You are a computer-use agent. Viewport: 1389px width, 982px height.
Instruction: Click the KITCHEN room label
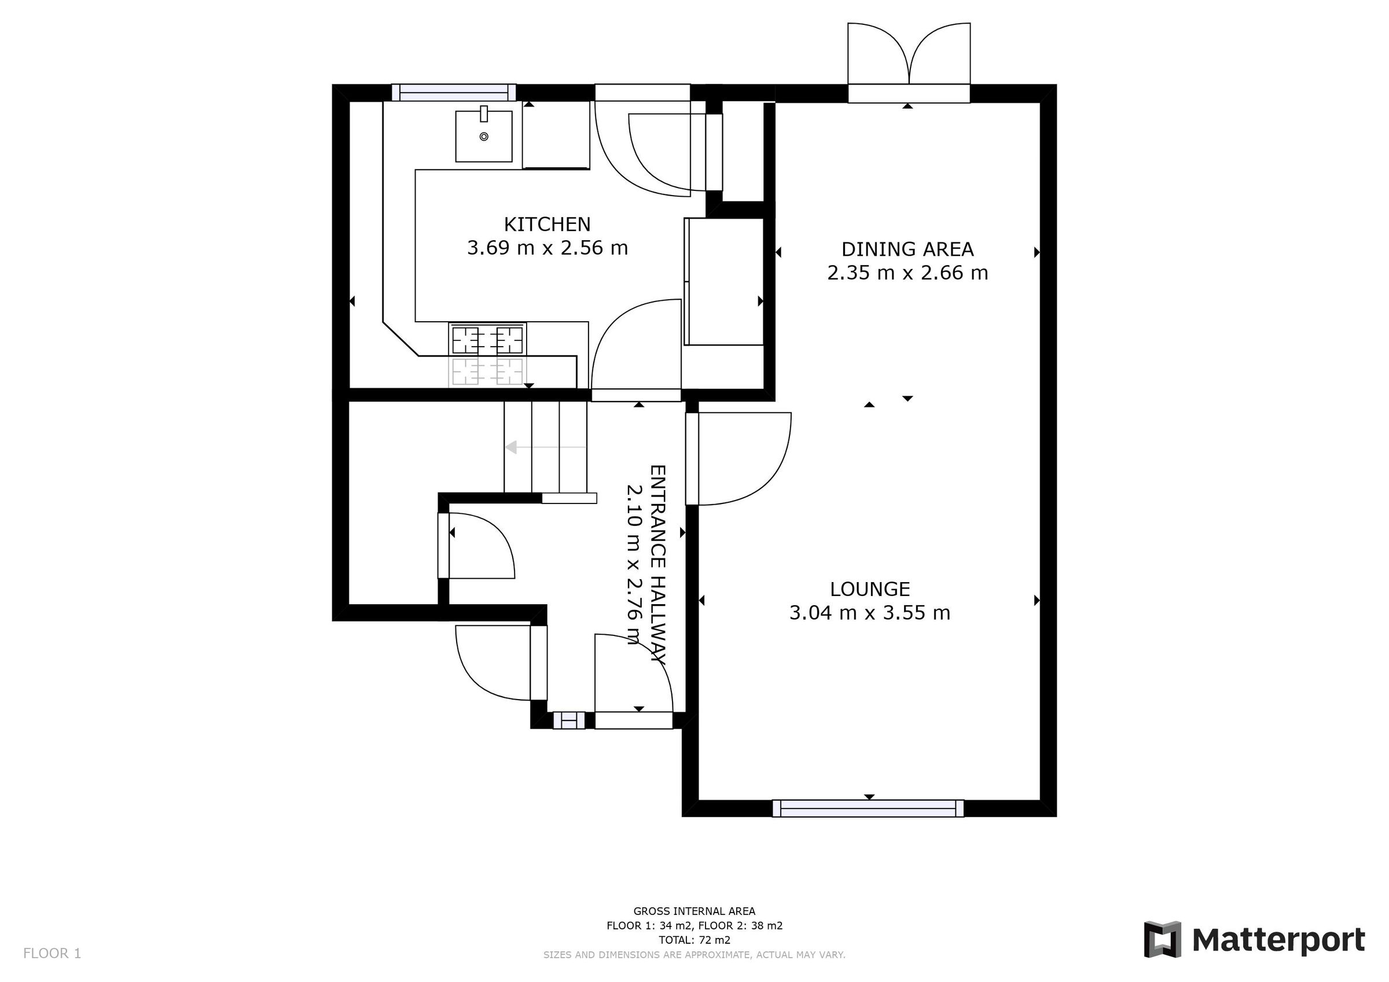pos(547,225)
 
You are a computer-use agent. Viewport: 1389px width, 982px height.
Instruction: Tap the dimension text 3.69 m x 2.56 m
pos(547,248)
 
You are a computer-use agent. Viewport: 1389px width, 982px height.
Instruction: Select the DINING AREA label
pos(907,249)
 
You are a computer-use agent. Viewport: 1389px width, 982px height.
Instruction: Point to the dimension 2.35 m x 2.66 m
pos(907,273)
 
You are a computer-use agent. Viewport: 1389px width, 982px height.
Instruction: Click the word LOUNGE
pos(869,589)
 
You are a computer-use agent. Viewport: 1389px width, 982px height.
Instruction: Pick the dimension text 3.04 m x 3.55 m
pos(869,613)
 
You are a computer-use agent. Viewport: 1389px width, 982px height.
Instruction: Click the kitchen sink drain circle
pos(483,137)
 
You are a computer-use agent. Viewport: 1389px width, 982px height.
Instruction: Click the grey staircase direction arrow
pos(512,447)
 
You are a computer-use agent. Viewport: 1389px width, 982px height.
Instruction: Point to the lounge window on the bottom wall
pos(868,808)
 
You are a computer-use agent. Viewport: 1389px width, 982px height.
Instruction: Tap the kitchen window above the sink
pos(454,93)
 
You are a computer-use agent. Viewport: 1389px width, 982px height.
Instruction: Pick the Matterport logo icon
pos(1162,940)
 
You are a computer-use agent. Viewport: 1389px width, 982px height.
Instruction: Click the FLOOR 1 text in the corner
pos(52,954)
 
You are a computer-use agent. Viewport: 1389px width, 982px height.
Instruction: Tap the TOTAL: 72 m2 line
pos(694,940)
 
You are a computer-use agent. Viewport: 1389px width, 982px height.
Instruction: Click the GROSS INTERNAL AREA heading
pos(694,911)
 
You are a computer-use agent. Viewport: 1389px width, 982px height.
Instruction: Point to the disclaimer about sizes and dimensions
pos(694,955)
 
